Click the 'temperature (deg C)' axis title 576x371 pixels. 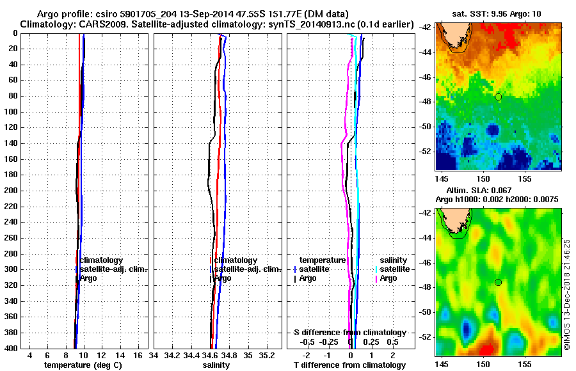tap(83, 365)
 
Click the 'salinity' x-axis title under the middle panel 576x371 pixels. tap(216, 365)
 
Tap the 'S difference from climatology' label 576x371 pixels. tap(349, 333)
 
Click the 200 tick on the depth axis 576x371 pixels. tap(12, 191)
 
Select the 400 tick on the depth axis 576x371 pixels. tap(12, 349)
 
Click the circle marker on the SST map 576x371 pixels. tap(499, 97)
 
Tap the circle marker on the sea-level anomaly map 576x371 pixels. tap(499, 283)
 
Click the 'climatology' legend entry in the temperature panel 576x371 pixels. tap(104, 260)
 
